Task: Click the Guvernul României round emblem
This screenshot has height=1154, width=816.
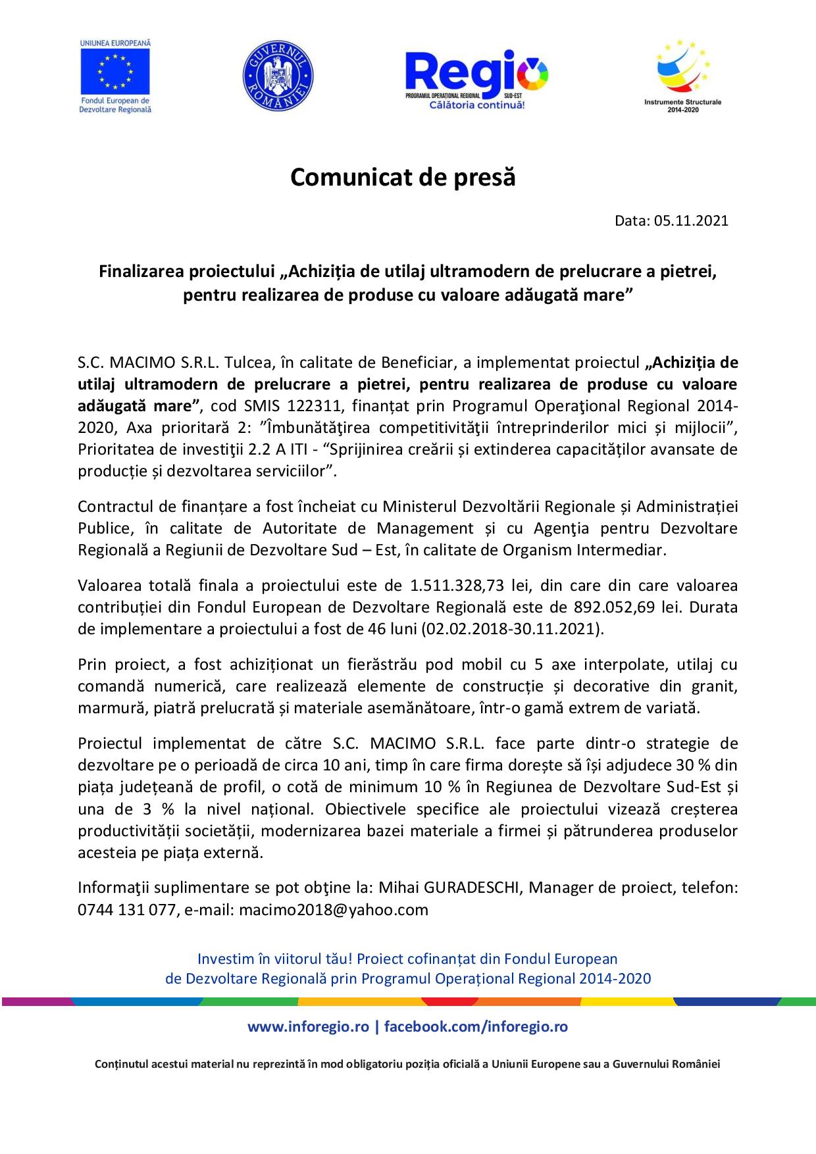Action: (278, 75)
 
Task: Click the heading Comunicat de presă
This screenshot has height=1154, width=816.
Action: (403, 178)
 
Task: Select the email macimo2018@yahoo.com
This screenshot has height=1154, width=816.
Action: (334, 911)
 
